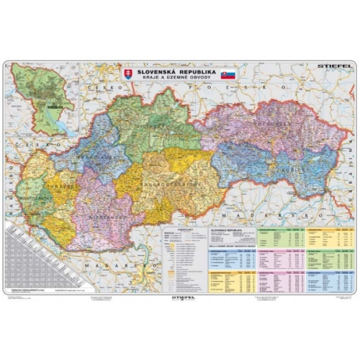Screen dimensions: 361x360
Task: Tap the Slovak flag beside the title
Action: tap(229, 73)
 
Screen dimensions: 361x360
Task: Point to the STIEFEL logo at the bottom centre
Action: tap(180, 294)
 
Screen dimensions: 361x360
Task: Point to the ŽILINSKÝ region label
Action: tap(162, 127)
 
